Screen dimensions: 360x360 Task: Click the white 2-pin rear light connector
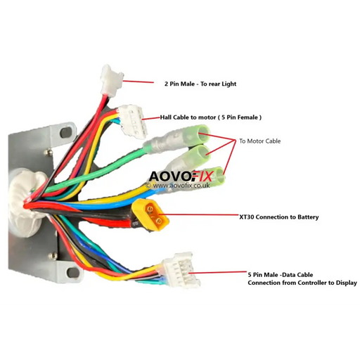click(112, 81)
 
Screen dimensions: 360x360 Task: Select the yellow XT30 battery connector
click(150, 214)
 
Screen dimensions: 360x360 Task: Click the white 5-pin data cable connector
click(181, 270)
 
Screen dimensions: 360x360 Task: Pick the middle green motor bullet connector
click(190, 157)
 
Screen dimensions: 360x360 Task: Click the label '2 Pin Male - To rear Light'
click(200, 84)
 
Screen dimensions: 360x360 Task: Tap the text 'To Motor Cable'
click(260, 141)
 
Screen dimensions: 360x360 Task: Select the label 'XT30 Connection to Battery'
click(279, 217)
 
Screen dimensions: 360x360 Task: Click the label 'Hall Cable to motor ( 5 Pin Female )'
click(211, 117)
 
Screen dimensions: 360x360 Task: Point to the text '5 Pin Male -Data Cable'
click(281, 275)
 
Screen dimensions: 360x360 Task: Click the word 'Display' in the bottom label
click(347, 283)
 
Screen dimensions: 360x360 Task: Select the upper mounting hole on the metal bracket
click(66, 133)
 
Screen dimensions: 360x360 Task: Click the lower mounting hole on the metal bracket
click(72, 272)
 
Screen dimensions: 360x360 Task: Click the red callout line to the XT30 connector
click(199, 214)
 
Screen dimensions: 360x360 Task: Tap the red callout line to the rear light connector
click(138, 82)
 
